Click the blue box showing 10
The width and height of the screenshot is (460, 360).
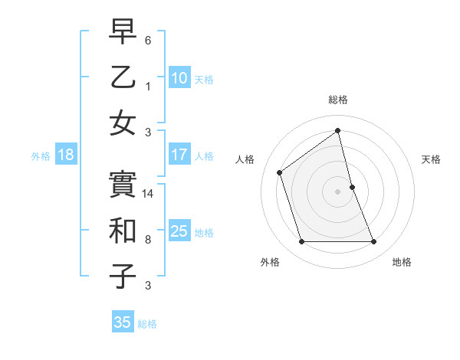[x=179, y=77]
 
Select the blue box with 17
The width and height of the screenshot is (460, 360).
[x=179, y=154]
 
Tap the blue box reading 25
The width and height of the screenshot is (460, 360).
[x=179, y=231]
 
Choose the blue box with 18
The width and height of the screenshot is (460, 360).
[x=65, y=155]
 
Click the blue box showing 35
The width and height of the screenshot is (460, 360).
[x=123, y=322]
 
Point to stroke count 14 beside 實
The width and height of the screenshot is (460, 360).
[x=149, y=194]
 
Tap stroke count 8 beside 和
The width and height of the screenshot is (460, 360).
[x=149, y=240]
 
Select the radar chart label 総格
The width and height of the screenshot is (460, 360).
[x=338, y=100]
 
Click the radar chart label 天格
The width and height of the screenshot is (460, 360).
[x=432, y=159]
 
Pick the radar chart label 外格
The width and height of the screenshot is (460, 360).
[x=270, y=262]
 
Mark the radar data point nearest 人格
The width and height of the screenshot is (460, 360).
[x=280, y=172]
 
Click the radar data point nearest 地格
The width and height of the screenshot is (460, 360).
[x=374, y=242]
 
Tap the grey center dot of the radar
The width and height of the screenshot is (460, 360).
[x=338, y=191]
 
